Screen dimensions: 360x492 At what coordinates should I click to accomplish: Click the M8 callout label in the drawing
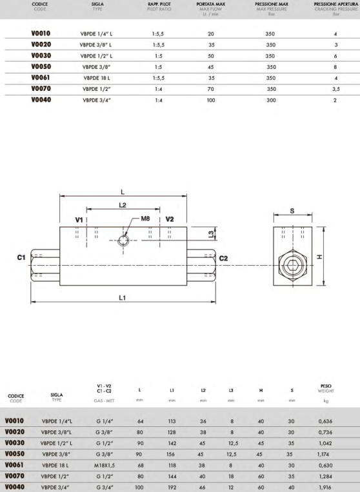coord(145,219)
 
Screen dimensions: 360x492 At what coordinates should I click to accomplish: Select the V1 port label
coord(79,220)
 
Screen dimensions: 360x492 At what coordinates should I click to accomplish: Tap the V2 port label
coord(170,219)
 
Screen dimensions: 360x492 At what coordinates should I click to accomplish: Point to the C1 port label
coord(21,257)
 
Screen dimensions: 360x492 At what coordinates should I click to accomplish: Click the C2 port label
coord(223,258)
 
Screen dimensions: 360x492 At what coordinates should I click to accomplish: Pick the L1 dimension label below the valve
coord(123,297)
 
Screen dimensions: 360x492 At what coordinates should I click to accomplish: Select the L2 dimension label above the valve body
coord(123,205)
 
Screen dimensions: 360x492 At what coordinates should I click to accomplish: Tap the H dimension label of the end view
coord(319,257)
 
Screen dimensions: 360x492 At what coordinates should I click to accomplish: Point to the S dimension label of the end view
coord(292,211)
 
